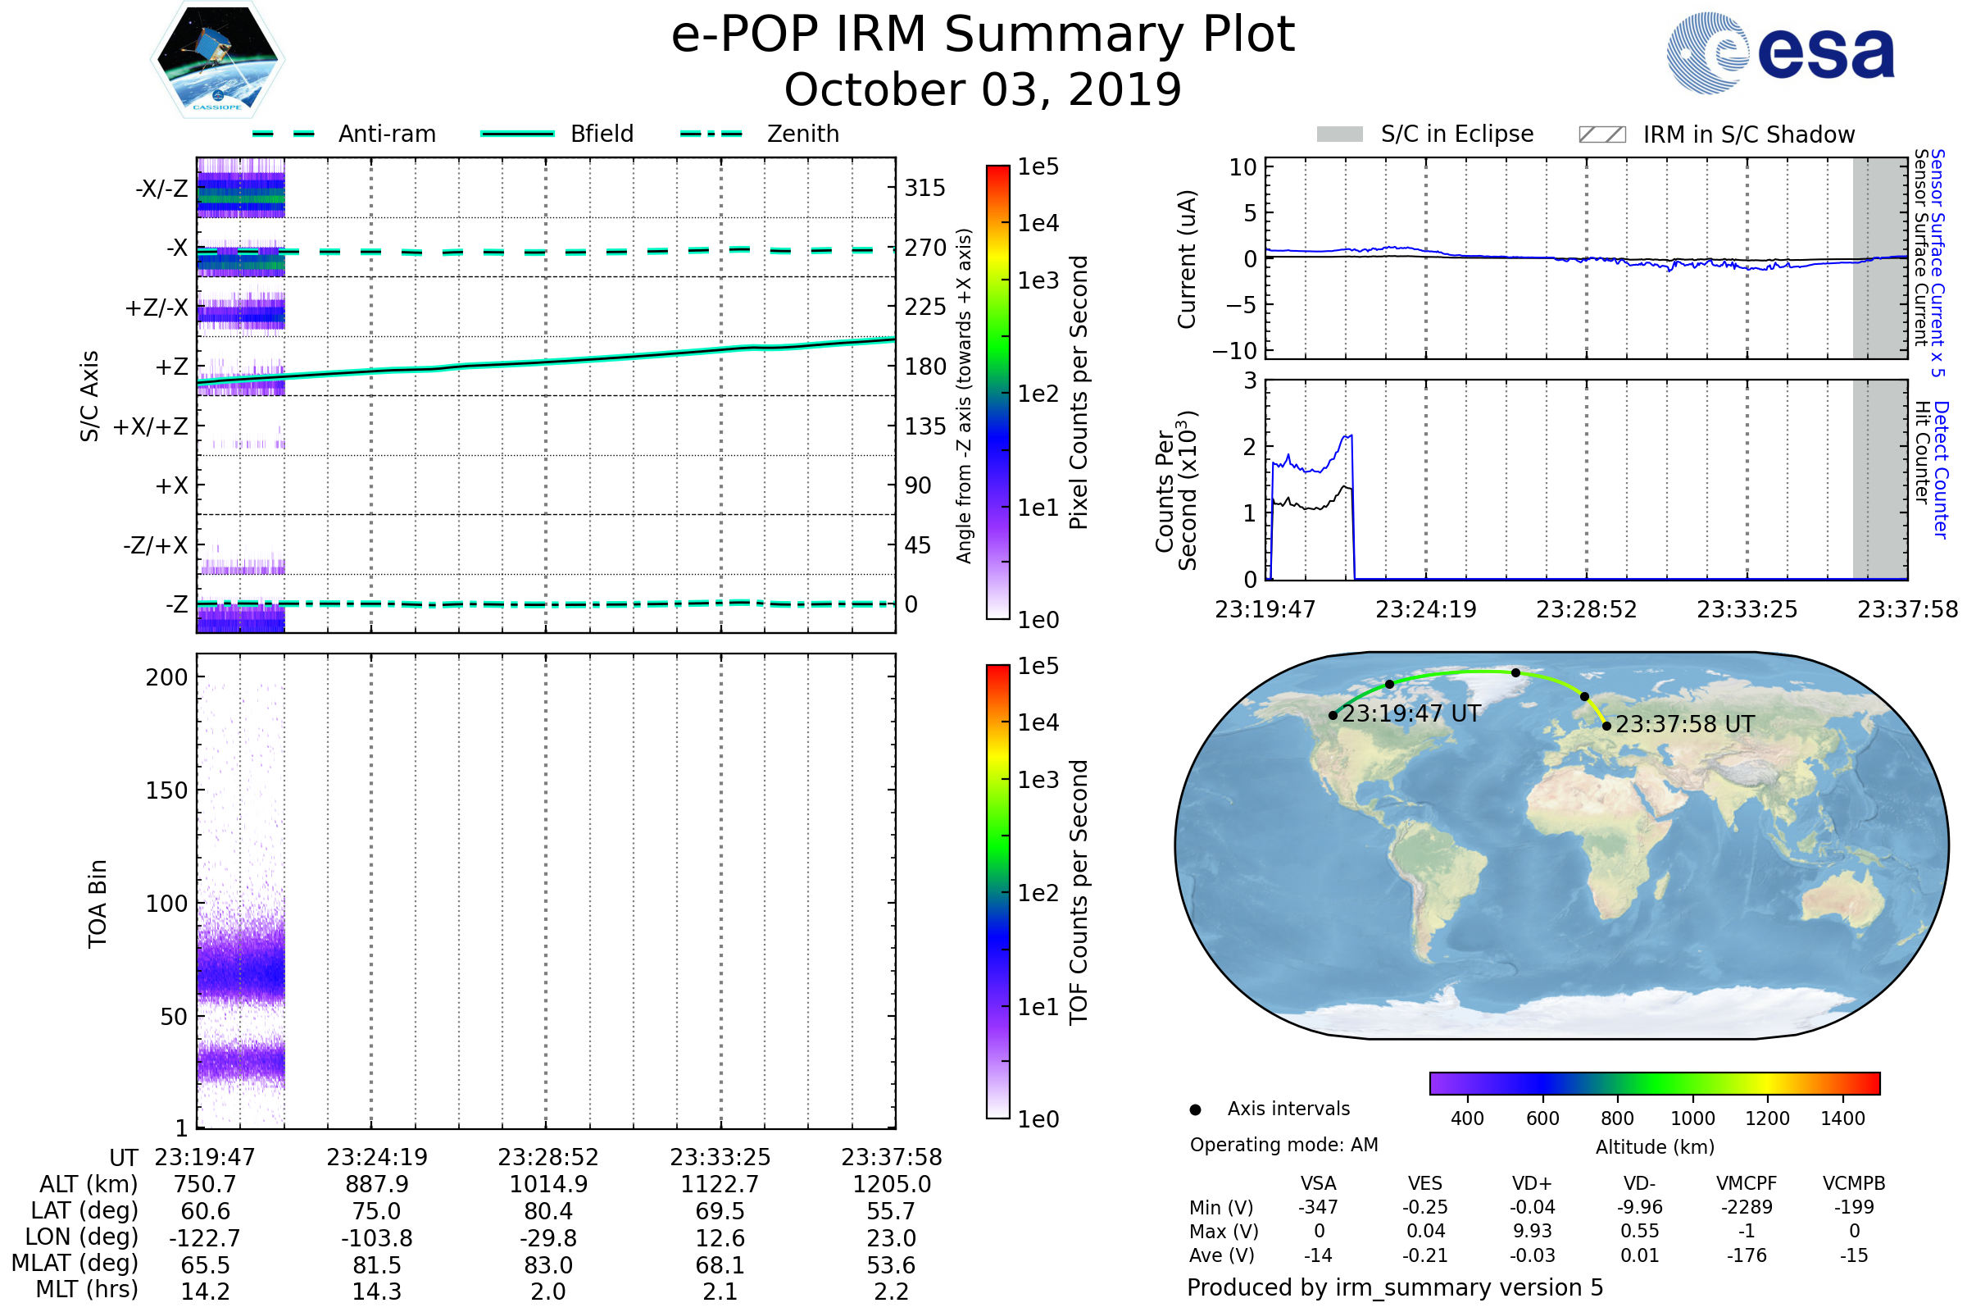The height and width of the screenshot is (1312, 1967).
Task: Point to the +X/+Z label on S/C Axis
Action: pyautogui.click(x=151, y=426)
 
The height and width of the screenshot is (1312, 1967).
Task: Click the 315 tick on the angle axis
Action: pyautogui.click(x=924, y=188)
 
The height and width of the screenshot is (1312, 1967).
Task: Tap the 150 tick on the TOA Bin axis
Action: pyautogui.click(x=166, y=790)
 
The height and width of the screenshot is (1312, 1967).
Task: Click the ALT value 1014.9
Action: pyautogui.click(x=548, y=1185)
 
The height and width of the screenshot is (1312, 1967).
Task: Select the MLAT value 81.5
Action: pyautogui.click(x=377, y=1265)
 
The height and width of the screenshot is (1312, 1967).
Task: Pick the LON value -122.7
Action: pyautogui.click(x=205, y=1238)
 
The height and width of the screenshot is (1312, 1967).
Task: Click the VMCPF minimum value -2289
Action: pyautogui.click(x=1747, y=1207)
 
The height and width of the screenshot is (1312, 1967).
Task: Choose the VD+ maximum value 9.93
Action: pyautogui.click(x=1532, y=1231)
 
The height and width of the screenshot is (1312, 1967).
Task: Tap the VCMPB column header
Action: pyautogui.click(x=1854, y=1183)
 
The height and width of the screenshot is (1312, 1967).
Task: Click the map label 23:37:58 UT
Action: pyautogui.click(x=1684, y=725)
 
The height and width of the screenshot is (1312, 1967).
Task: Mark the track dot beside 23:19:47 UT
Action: pyautogui.click(x=1333, y=715)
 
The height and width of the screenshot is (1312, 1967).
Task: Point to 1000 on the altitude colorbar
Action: pyautogui.click(x=1692, y=1118)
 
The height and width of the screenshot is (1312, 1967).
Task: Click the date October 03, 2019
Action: pyautogui.click(x=983, y=89)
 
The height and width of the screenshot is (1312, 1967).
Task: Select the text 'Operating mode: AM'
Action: pyautogui.click(x=1283, y=1145)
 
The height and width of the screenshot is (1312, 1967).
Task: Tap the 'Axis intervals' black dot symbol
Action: pyautogui.click(x=1195, y=1109)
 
